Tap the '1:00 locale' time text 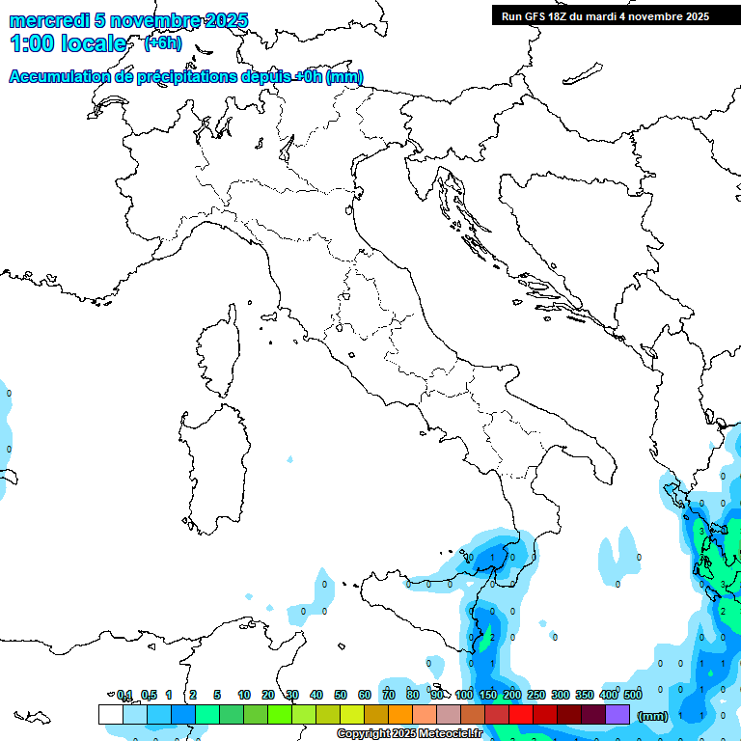click(68, 43)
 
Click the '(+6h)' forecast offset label click(163, 42)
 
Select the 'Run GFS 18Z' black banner click(605, 15)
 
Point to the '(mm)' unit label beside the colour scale click(653, 716)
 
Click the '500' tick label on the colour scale click(633, 695)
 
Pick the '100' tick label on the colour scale click(464, 695)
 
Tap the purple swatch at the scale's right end click(617, 714)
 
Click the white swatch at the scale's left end click(111, 714)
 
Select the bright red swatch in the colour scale click(521, 714)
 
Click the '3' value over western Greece click(700, 531)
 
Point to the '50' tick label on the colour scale click(341, 695)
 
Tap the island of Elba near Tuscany click(271, 316)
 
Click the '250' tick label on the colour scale click(536, 695)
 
